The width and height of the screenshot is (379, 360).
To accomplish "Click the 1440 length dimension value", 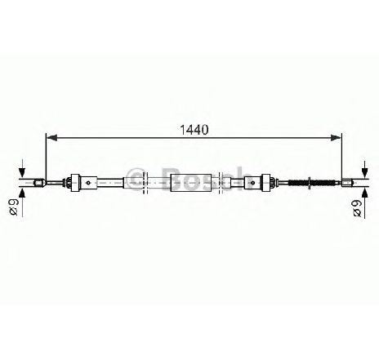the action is pyautogui.click(x=194, y=130).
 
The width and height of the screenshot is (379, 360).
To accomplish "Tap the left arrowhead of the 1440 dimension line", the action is pyautogui.click(x=52, y=138).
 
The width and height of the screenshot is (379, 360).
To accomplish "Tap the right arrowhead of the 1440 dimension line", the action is pyautogui.click(x=336, y=138).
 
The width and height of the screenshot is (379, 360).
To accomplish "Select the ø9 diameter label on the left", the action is pyautogui.click(x=13, y=207).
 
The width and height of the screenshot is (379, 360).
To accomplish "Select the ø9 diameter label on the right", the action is pyautogui.click(x=357, y=209).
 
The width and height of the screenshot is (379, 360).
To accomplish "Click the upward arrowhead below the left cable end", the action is pyautogui.click(x=22, y=193).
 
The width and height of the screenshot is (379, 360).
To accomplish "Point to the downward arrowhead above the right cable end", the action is pyautogui.click(x=365, y=173).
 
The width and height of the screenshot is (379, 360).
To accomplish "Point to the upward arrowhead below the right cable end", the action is pyautogui.click(x=365, y=193).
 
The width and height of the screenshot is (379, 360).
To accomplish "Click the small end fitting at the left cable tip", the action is pyautogui.click(x=39, y=183).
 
